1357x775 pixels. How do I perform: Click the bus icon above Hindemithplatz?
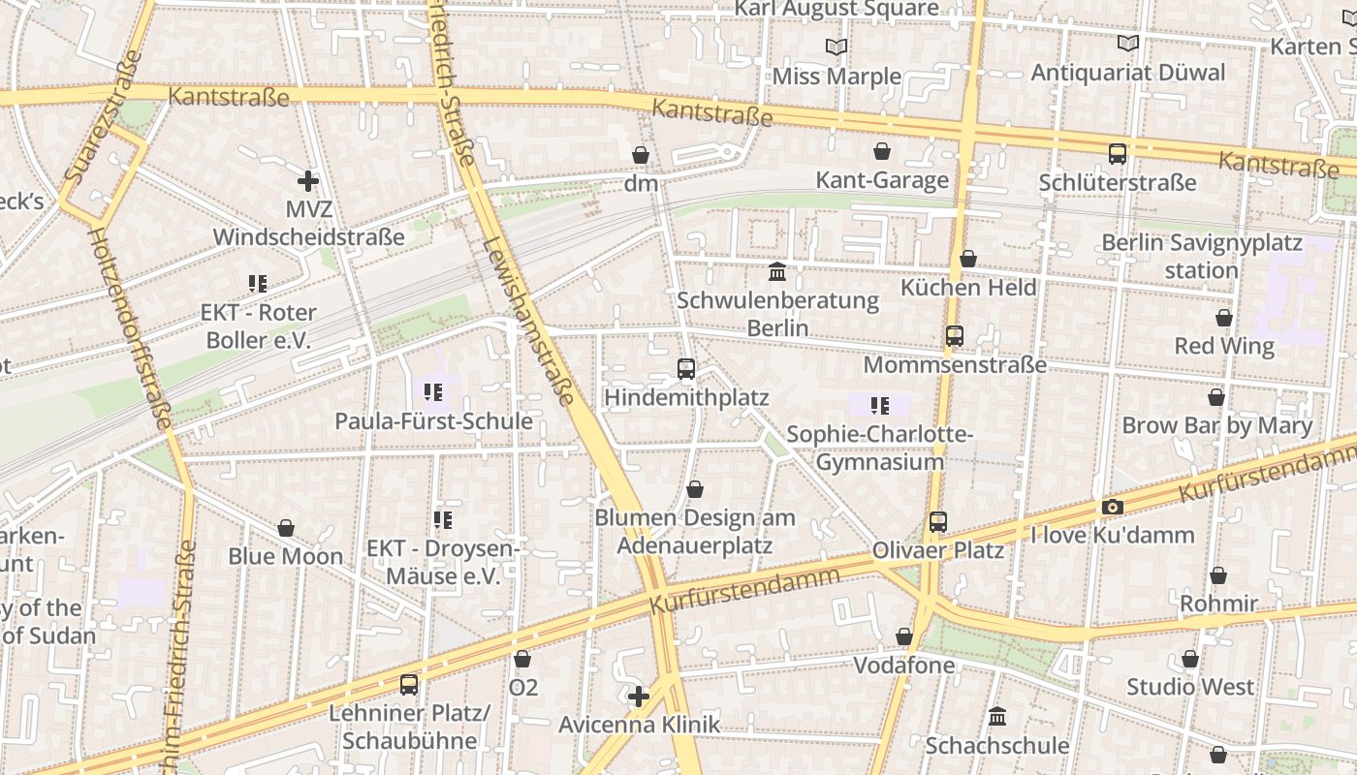point(686,368)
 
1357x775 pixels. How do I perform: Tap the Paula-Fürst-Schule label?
point(433,421)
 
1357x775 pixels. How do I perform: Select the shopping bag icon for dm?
point(641,155)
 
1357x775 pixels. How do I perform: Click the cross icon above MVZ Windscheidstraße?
point(308,180)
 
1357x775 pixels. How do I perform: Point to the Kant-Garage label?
point(882,180)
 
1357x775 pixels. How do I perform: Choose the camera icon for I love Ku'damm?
point(1112,507)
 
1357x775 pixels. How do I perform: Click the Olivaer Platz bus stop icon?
point(937,521)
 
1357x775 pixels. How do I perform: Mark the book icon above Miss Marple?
point(836,46)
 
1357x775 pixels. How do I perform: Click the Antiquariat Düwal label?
point(1128,73)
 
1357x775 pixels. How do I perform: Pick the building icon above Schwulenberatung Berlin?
point(777,272)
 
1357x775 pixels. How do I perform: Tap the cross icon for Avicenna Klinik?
point(639,696)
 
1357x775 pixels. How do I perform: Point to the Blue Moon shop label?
point(286,556)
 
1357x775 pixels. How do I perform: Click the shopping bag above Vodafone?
point(904,636)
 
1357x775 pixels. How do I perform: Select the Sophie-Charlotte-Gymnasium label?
point(880,448)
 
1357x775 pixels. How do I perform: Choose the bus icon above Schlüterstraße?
point(1118,153)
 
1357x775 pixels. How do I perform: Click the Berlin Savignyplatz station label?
point(1202,256)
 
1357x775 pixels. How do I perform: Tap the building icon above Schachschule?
point(997,717)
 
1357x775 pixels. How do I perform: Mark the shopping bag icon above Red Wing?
point(1224,318)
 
